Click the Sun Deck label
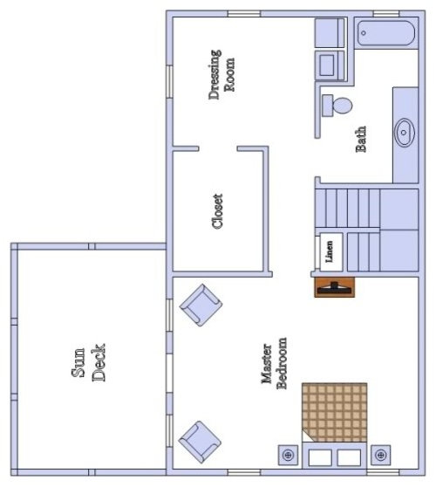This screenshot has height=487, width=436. [x=88, y=362]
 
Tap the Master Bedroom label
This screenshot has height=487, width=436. [x=274, y=363]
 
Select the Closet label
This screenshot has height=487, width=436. [x=217, y=211]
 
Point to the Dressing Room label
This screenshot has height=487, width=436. [x=221, y=74]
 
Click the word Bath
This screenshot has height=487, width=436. [x=361, y=139]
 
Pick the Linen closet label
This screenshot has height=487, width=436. [x=329, y=251]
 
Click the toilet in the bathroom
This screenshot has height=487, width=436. [x=337, y=106]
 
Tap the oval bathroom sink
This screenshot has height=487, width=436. [x=404, y=133]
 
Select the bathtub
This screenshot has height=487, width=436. [x=385, y=33]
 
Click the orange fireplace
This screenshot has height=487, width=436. [x=334, y=287]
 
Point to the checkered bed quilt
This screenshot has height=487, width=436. [x=335, y=412]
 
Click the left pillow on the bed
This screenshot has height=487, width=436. [x=320, y=458]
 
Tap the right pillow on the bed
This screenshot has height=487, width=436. [x=349, y=458]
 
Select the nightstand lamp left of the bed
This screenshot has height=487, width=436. [x=289, y=455]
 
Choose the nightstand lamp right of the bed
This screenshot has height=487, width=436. [x=380, y=455]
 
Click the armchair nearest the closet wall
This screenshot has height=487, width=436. [x=201, y=305]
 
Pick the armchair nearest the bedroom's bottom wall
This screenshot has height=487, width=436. [x=200, y=442]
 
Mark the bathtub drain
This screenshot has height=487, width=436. [x=364, y=32]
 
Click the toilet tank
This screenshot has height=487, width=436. [x=327, y=106]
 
